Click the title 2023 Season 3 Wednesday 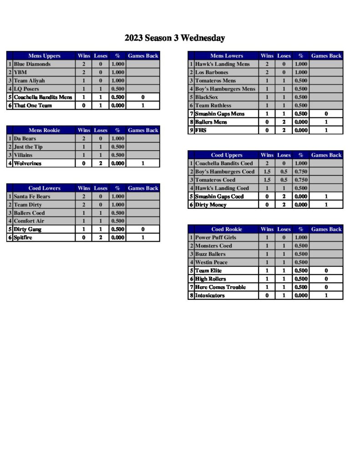175,38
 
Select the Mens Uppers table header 44,56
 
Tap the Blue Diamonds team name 32,64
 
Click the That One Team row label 33,106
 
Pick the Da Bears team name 25,138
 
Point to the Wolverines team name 27,163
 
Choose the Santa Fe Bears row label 32,197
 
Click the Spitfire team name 23,238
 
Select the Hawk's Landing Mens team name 222,64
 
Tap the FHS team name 200,130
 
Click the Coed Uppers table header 227,155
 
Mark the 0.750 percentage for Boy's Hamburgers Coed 300,172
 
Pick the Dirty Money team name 211,205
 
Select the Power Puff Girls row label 215,238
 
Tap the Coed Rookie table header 227,229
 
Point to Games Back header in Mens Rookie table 143,130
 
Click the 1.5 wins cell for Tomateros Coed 267,180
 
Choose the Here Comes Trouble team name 220,287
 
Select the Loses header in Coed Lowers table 101,188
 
